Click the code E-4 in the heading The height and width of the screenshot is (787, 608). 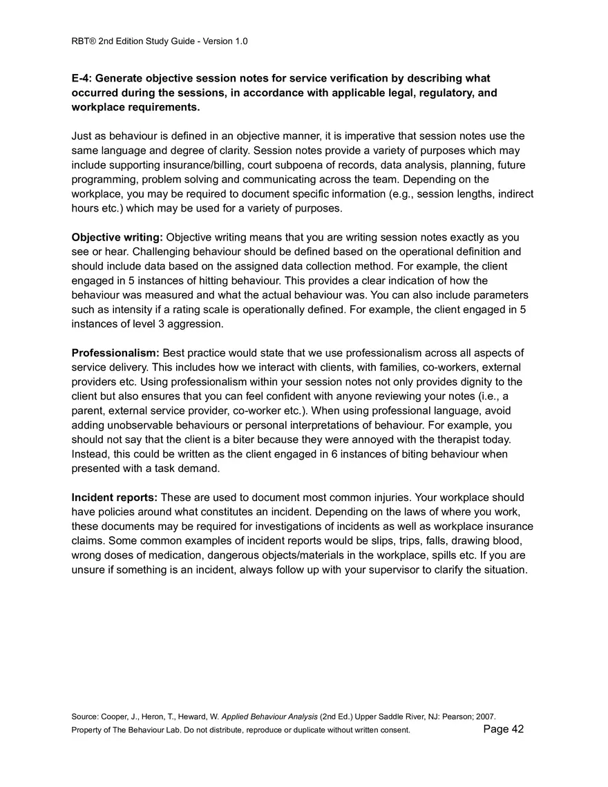[83, 79]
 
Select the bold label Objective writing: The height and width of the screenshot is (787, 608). [117, 238]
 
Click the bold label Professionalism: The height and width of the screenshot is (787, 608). [115, 353]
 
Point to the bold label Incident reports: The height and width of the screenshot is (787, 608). [115, 497]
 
